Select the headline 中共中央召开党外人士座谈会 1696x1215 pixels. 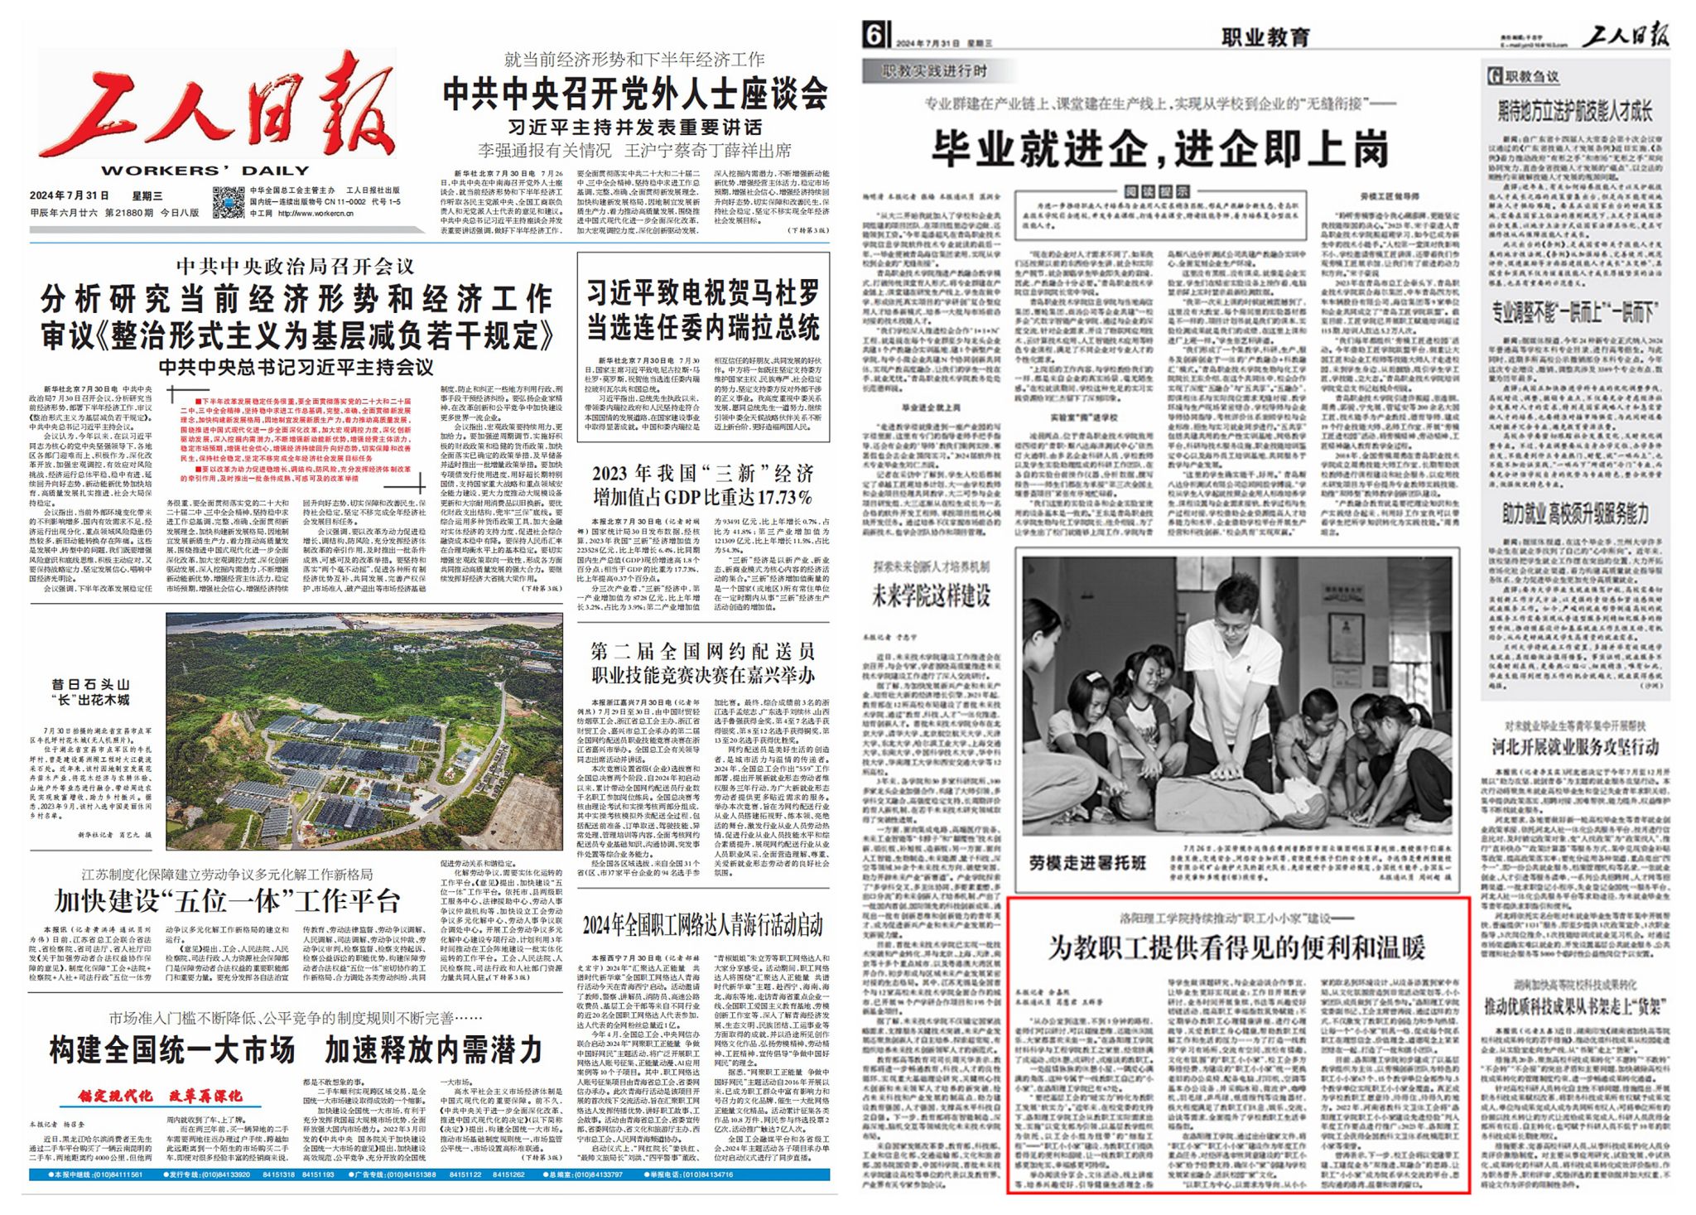pos(635,94)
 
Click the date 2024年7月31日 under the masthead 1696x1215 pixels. pos(70,196)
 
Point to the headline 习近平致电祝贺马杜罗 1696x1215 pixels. pos(703,292)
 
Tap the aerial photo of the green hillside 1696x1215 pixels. pos(364,730)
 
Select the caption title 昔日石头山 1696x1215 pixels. pos(91,684)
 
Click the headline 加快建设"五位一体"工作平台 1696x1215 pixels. pos(228,901)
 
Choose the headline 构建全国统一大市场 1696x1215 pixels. pos(172,1050)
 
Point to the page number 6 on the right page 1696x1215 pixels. pos(875,36)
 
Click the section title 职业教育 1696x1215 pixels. pos(1265,37)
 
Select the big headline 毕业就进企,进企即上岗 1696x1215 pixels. pos(1159,150)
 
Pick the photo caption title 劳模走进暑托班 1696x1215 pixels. pos(1087,863)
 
